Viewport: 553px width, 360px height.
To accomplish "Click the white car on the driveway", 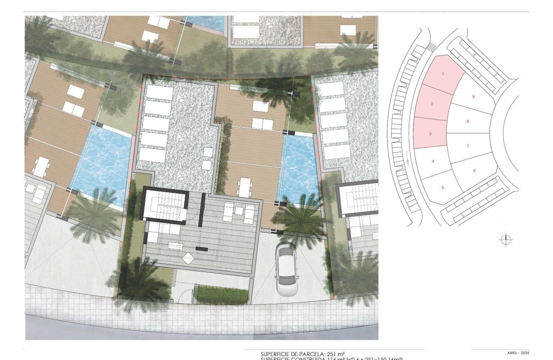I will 287,269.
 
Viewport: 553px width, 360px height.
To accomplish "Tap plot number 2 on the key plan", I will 432,104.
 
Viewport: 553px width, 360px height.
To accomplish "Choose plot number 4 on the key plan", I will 433,161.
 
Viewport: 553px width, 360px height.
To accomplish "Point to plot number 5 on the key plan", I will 443,187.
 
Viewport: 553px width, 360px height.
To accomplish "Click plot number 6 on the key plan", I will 474,171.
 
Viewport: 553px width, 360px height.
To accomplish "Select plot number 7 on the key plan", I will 468,146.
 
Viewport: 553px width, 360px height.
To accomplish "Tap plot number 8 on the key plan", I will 468,122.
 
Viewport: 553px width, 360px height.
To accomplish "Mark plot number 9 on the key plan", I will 473,97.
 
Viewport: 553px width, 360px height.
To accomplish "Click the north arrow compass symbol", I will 506,240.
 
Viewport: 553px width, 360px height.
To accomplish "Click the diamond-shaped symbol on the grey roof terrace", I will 188,258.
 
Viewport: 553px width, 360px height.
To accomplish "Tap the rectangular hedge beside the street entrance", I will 221,295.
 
